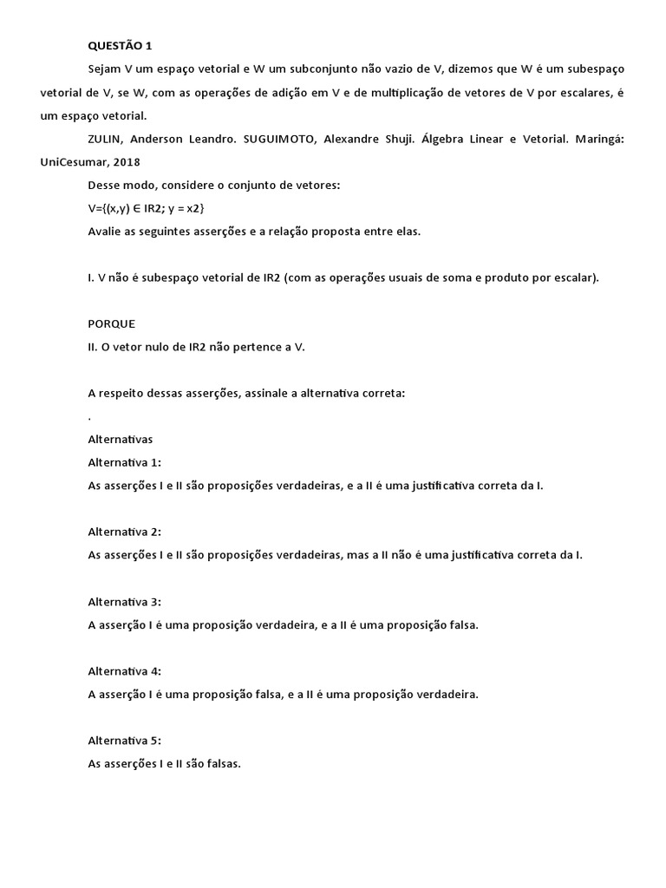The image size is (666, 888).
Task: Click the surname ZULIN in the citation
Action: [105, 138]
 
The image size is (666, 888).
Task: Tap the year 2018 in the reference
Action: [124, 161]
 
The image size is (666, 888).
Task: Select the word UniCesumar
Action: [73, 161]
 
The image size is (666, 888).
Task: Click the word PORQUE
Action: [112, 323]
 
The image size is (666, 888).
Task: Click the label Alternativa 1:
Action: [125, 462]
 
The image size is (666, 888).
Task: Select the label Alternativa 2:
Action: [125, 532]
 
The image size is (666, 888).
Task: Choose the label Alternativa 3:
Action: [125, 601]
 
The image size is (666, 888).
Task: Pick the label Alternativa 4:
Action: [125, 670]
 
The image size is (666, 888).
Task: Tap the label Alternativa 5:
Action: [125, 740]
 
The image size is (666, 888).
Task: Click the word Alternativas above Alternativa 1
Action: [121, 439]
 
